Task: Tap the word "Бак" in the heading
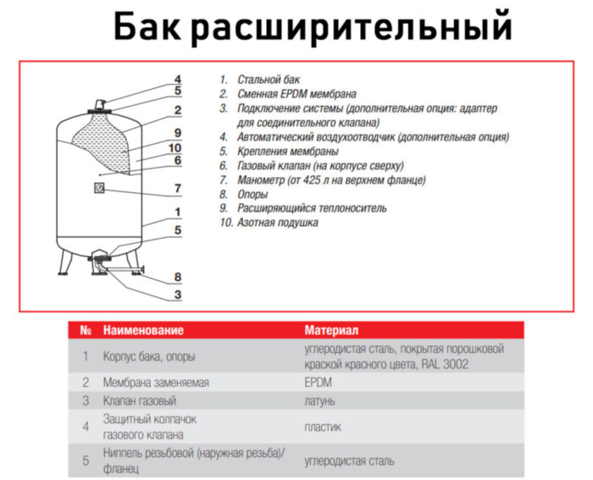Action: [145, 25]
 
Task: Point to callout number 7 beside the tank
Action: [178, 188]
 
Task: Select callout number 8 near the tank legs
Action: [178, 277]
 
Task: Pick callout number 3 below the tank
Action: [178, 295]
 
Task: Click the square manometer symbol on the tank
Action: [99, 190]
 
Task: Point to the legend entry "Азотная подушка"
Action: [277, 223]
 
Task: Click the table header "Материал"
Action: [332, 329]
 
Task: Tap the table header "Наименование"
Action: [143, 329]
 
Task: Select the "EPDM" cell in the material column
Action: [319, 383]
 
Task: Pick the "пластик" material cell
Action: [323, 427]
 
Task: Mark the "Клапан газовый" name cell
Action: [140, 400]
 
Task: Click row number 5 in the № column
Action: [86, 461]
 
